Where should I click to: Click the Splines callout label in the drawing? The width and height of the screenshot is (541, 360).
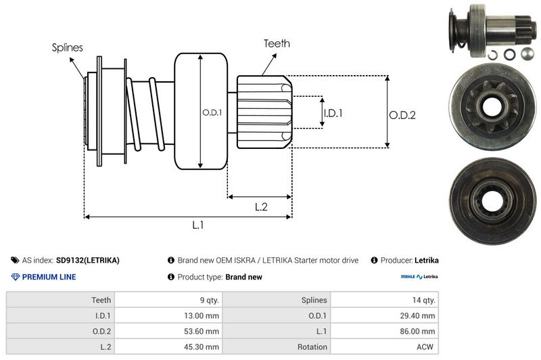pos(68,47)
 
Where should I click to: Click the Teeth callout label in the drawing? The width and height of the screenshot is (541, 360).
pos(277,43)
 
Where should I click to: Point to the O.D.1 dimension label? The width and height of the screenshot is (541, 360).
pos(212,112)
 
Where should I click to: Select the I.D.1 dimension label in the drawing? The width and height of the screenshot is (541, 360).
pos(333,113)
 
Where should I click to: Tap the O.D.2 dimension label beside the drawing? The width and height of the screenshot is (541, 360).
pos(402,116)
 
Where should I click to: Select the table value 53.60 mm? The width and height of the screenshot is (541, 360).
pos(203,330)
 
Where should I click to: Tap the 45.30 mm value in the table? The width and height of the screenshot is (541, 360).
pos(203,346)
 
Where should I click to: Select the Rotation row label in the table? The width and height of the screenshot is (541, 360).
pos(312,346)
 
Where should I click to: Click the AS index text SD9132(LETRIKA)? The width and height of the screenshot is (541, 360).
pos(88,260)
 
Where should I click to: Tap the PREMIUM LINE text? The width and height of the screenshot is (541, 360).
pos(49,277)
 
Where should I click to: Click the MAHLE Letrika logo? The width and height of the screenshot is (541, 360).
pos(419,277)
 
